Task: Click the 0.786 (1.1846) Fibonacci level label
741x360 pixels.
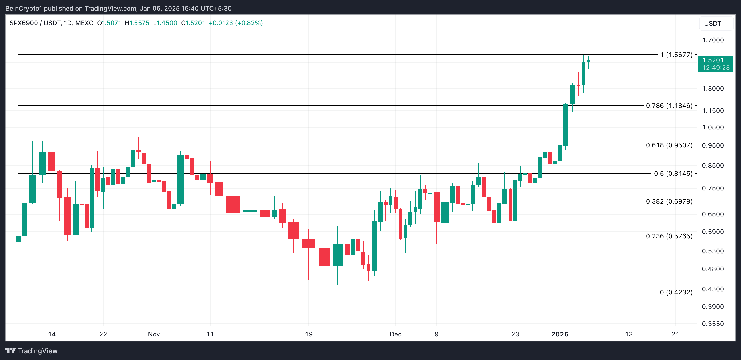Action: pos(669,106)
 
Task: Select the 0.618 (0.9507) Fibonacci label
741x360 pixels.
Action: pos(669,145)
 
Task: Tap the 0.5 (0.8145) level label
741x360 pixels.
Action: pos(673,173)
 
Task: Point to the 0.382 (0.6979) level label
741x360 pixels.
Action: pos(669,201)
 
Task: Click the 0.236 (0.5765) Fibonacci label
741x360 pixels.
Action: pos(669,236)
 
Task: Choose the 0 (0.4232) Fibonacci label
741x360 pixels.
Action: pos(676,292)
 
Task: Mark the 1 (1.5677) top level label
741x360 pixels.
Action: pos(676,55)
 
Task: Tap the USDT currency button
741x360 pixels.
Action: pos(713,24)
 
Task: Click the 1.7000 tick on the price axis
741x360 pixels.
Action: pos(713,40)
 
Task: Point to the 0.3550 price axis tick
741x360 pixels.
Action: pos(713,324)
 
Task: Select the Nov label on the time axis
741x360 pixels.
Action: pos(154,334)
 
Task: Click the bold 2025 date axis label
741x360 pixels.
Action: pos(559,334)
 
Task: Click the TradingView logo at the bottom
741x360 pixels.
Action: pos(32,351)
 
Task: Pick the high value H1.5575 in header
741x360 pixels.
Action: pos(137,23)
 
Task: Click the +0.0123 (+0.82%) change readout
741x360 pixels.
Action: pos(236,23)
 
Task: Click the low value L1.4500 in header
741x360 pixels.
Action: pos(165,23)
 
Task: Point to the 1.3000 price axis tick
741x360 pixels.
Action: pos(713,88)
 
